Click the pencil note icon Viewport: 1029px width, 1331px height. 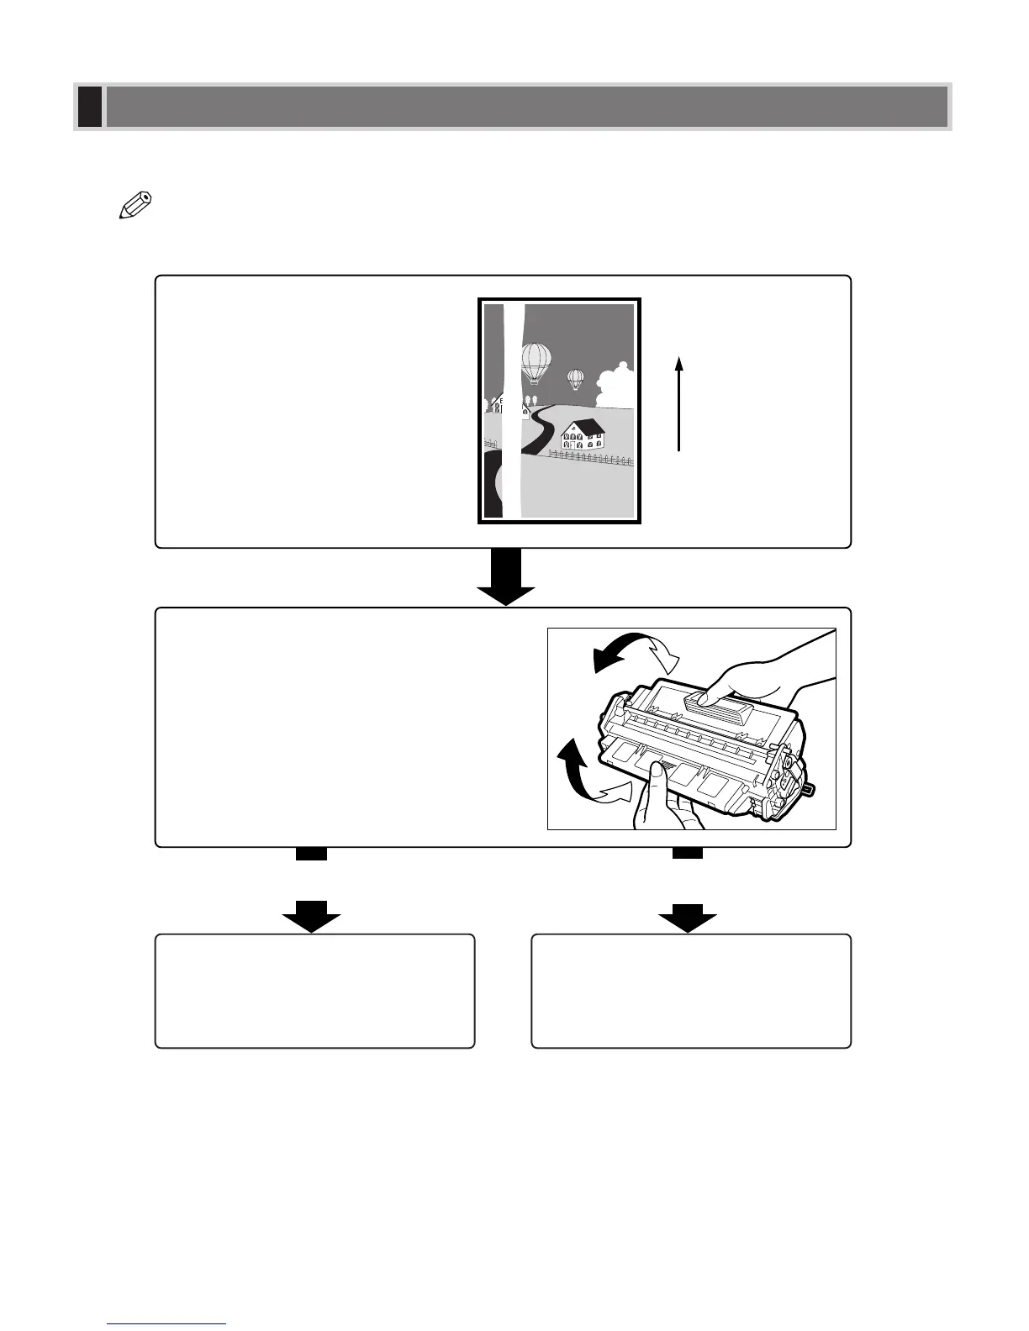(x=135, y=207)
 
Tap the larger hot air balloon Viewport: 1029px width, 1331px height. (x=536, y=362)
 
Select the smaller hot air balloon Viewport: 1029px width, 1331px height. (x=575, y=378)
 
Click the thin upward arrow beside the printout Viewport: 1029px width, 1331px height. (x=678, y=404)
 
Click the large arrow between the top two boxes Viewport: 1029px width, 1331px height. (x=506, y=578)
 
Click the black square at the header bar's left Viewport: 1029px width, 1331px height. (x=90, y=107)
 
